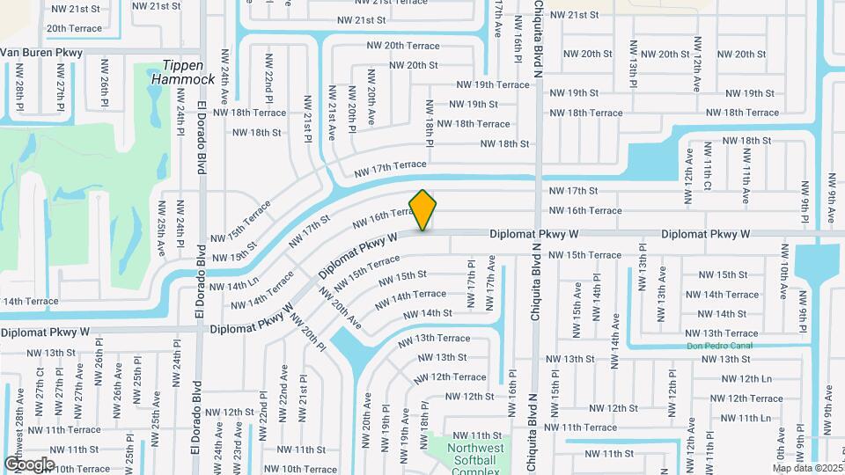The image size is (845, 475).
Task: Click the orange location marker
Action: (x=423, y=209)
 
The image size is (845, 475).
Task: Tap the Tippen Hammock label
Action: (x=183, y=72)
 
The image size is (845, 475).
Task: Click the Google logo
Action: (x=28, y=464)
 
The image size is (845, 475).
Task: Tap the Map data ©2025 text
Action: (x=808, y=467)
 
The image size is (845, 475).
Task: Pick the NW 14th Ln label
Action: (x=231, y=286)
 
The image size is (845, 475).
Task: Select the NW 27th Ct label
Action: (x=40, y=388)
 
